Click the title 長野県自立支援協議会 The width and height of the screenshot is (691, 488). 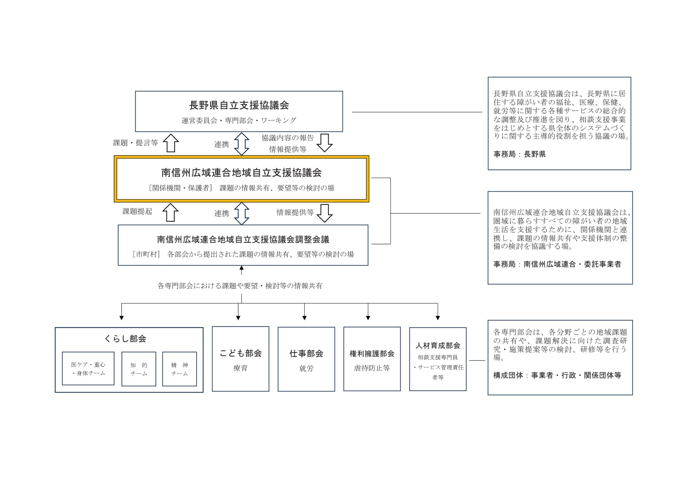239,105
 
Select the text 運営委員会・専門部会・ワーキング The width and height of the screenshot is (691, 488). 239,121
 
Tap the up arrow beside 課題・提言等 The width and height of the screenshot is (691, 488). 171,143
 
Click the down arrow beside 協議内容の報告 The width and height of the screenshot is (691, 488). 324,143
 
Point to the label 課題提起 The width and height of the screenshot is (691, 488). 137,211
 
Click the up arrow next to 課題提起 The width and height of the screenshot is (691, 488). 170,212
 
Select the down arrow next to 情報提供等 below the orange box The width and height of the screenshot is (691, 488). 324,213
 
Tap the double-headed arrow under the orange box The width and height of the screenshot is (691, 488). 241,213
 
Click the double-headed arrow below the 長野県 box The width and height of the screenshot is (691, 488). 241,144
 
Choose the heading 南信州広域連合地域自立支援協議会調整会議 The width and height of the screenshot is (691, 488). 243,240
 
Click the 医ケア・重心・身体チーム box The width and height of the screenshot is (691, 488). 88,368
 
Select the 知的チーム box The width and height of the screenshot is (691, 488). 139,369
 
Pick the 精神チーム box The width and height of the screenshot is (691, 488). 179,369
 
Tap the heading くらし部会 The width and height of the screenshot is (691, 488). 125,339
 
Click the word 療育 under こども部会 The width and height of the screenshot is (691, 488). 240,368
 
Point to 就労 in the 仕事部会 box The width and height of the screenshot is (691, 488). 306,368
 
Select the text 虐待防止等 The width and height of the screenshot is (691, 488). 372,368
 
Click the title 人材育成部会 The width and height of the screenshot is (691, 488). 438,345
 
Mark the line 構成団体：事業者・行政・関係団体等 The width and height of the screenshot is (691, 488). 557,376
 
